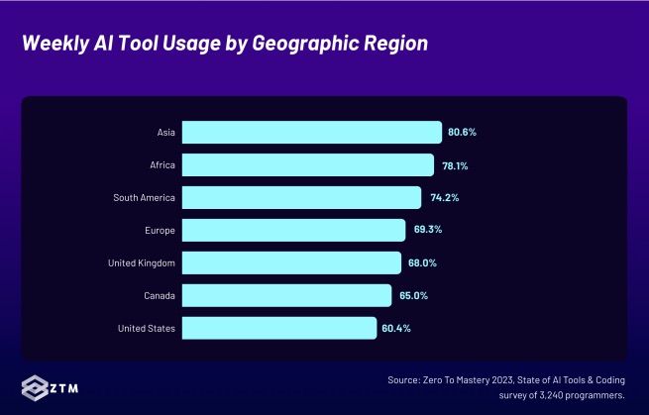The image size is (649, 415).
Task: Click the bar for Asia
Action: [311, 133]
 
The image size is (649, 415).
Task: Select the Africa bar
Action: [307, 165]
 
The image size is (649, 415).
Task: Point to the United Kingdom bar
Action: [291, 262]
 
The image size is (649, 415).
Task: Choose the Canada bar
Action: [286, 295]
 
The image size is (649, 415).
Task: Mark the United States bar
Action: [279, 328]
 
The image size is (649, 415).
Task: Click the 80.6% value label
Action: [463, 133]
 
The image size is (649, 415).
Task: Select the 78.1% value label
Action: [455, 165]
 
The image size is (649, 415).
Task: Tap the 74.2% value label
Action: [443, 198]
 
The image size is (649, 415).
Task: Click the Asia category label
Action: [165, 133]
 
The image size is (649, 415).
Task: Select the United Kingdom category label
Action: [142, 262]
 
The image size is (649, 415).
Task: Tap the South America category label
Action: [145, 198]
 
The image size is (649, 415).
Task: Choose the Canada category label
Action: [160, 295]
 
